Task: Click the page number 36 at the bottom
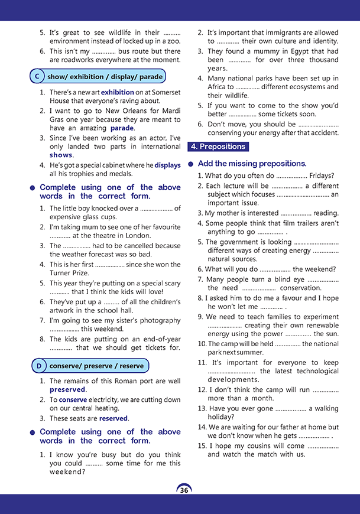[184, 490]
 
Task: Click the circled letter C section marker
[37, 77]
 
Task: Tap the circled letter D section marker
[38, 366]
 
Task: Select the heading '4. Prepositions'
[217, 147]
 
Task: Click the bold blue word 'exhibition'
[118, 93]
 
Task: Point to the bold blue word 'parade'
[122, 128]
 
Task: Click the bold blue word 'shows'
[61, 155]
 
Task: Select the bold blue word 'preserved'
[67, 390]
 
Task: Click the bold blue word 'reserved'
[113, 418]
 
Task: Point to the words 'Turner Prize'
[69, 273]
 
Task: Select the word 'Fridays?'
[322, 175]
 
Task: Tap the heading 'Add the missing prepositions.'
[252, 164]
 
